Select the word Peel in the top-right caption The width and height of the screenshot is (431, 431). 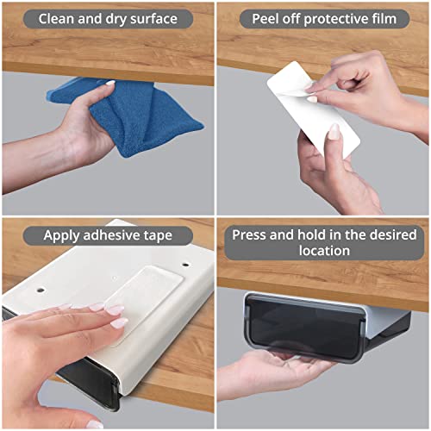(x=266, y=18)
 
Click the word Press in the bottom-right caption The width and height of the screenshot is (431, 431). (x=256, y=235)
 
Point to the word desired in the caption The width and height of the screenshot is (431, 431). (x=384, y=235)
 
